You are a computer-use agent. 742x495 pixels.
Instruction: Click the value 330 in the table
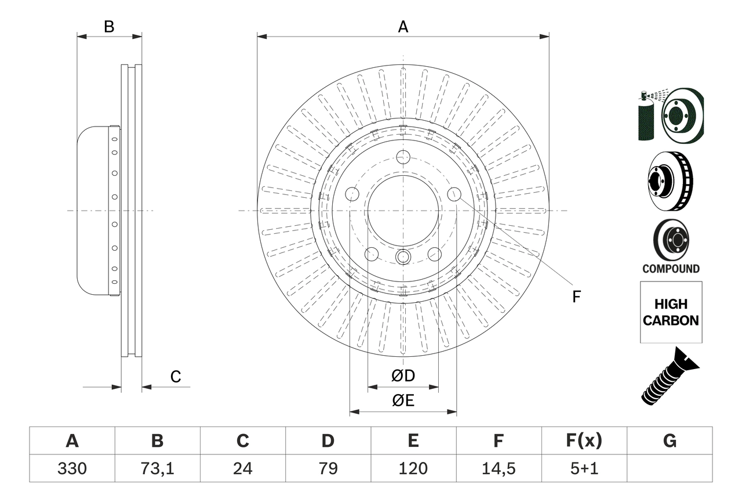(x=72, y=468)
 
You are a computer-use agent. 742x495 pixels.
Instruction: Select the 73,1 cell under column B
(x=157, y=468)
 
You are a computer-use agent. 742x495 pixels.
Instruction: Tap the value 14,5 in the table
(x=498, y=468)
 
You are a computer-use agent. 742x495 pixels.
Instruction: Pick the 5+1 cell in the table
(x=583, y=468)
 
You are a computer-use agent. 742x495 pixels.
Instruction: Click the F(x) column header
(x=583, y=441)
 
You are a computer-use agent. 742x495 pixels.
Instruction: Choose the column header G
(x=670, y=441)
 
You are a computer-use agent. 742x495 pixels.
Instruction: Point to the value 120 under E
(x=413, y=468)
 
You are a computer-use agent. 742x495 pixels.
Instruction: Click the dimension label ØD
(x=403, y=376)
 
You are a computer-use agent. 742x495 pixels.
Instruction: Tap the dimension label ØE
(x=403, y=401)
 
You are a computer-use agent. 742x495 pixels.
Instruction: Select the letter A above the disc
(x=403, y=27)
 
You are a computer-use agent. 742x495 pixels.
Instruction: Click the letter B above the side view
(x=109, y=27)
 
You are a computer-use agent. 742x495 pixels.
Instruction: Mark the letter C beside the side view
(x=176, y=377)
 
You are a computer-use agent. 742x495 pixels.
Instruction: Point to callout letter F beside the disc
(x=576, y=297)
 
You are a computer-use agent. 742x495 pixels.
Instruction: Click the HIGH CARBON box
(x=671, y=312)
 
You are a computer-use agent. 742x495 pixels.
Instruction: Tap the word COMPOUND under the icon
(x=671, y=269)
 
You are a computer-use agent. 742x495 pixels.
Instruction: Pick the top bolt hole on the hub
(x=403, y=156)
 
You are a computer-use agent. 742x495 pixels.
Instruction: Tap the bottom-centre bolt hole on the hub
(x=403, y=256)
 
